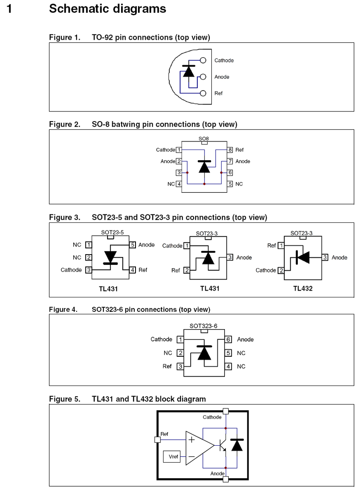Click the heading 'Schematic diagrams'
point(108,8)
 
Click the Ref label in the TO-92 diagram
point(219,93)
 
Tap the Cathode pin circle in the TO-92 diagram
point(203,61)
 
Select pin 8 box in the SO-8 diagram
point(230,150)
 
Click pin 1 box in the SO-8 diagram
point(179,150)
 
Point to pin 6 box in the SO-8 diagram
point(230,172)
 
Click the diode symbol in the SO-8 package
point(205,166)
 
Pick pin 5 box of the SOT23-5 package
point(133,245)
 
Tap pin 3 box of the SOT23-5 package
point(89,270)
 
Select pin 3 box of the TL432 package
point(325,258)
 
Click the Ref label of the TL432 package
point(271,245)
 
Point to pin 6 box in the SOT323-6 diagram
point(228,340)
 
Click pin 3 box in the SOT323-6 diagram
point(180,366)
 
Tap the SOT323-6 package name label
point(203,326)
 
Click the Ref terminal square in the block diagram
point(158,440)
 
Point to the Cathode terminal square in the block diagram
point(226,411)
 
